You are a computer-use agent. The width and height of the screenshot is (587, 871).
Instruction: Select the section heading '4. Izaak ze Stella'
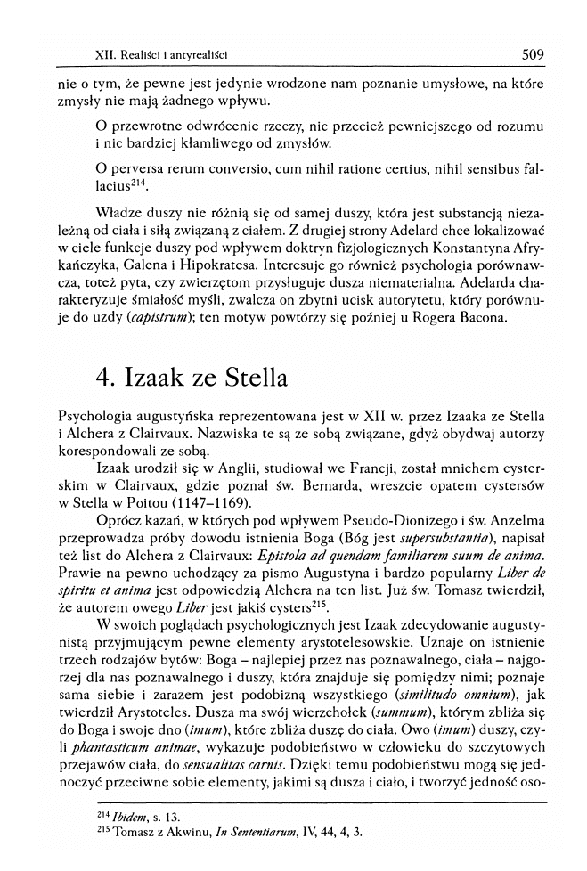tap(191, 378)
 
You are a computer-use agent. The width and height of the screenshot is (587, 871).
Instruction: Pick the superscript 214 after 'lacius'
tap(138, 185)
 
